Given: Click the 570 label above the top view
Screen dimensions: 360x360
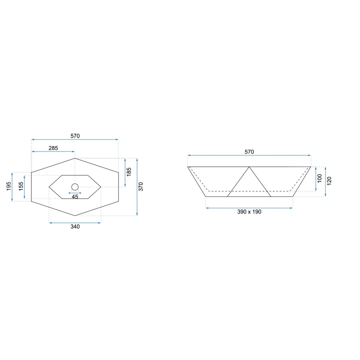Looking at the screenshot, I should (75, 136).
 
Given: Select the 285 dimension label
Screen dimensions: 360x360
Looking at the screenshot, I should (53, 148).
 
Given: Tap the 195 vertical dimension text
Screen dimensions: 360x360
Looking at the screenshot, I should (9, 187).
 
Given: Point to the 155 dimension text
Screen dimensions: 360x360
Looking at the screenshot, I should (21, 187).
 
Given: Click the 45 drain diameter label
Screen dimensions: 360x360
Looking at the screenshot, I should (75, 197).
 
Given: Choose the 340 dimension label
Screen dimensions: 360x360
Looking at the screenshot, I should (75, 226).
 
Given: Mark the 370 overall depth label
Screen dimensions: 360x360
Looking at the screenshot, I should (141, 187).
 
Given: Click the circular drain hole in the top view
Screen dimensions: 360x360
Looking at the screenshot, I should (75, 187).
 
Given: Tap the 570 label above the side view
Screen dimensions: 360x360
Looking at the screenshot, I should (249, 152).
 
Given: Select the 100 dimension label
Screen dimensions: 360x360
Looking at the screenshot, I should (320, 179).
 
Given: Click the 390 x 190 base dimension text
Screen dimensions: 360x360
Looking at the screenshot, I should (249, 212).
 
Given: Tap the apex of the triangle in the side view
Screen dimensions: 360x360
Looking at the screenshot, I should (249, 167).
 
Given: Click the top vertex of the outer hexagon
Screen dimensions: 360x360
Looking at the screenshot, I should (75, 158).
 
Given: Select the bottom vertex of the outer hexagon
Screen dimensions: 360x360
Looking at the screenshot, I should (75, 216).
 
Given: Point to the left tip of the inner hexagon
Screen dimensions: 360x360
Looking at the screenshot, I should (49, 187).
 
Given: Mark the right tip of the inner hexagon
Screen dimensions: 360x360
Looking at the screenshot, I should (101, 187).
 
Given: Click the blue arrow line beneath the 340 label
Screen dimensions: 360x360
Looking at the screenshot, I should (75, 223).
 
